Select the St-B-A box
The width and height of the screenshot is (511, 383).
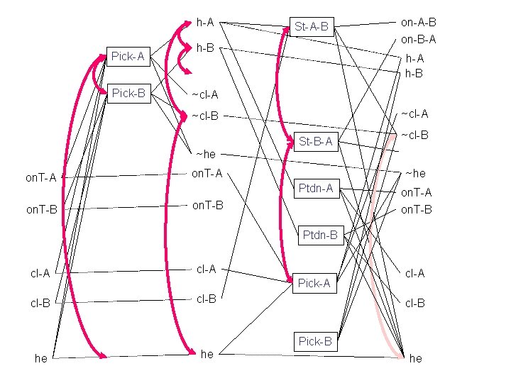[316, 141]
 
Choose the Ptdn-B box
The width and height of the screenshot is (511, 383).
[320, 235]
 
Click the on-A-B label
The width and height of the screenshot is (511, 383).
[418, 23]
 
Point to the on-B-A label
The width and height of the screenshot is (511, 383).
[418, 40]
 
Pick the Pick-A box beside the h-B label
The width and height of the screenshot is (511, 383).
[128, 56]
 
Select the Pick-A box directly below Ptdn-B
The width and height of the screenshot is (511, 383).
[314, 283]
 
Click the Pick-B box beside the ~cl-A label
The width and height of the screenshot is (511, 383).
[128, 93]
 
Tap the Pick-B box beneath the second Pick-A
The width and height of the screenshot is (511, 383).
[315, 341]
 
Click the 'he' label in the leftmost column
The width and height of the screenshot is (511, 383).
[41, 359]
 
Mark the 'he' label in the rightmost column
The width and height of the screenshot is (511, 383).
[416, 359]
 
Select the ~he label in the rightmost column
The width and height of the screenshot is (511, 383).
[415, 174]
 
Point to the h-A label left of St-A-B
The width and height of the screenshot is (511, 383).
[205, 22]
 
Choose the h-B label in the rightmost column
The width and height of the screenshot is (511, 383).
[414, 73]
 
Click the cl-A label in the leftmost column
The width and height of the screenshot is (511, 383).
[40, 273]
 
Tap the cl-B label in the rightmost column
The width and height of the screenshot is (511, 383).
[415, 303]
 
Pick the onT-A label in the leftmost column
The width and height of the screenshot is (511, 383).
[40, 177]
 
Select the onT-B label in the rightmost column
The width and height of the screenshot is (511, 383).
[416, 209]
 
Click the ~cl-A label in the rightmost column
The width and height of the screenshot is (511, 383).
[414, 113]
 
